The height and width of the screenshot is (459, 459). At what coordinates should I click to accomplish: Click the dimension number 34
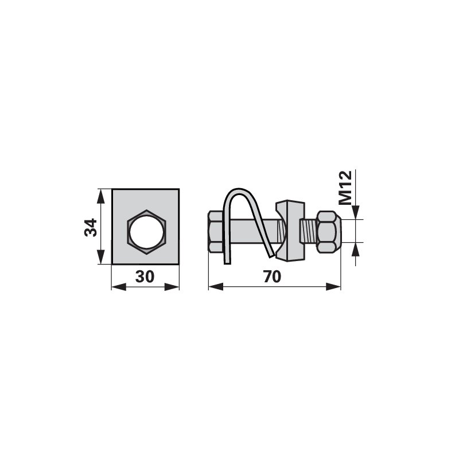coord(91,227)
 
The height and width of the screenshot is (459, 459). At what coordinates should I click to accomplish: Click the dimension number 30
coord(145,277)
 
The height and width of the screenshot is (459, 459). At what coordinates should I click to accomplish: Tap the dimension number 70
coord(272,277)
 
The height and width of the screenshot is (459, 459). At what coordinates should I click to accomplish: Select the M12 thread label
coord(345,188)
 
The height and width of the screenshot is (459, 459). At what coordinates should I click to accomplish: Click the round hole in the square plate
coord(146,232)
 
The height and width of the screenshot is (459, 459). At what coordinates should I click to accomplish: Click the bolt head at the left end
coord(215,231)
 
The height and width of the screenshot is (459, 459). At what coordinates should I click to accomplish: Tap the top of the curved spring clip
coord(239,190)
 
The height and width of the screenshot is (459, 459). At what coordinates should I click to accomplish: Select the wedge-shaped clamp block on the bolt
coord(289,230)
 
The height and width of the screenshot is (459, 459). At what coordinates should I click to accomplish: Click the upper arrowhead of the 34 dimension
coord(100,196)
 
